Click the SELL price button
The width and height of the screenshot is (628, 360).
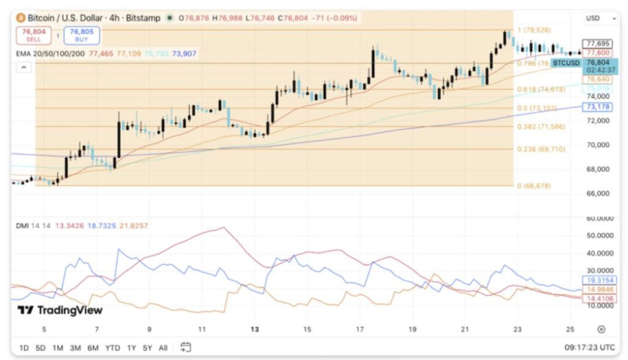[x=34, y=35]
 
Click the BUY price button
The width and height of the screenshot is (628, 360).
[x=82, y=35]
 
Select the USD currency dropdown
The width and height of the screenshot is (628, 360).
[x=599, y=18]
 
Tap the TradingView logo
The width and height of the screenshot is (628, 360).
[x=59, y=310]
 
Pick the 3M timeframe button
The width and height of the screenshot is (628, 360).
[x=75, y=348]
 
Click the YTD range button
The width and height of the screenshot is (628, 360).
[x=112, y=348]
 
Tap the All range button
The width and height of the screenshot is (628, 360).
[x=163, y=348]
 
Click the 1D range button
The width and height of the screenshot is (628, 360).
[x=24, y=348]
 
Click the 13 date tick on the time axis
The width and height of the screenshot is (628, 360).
[x=255, y=329]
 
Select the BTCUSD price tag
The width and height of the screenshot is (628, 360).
[x=565, y=63]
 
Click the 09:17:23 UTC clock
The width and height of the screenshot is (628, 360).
[x=589, y=348]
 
